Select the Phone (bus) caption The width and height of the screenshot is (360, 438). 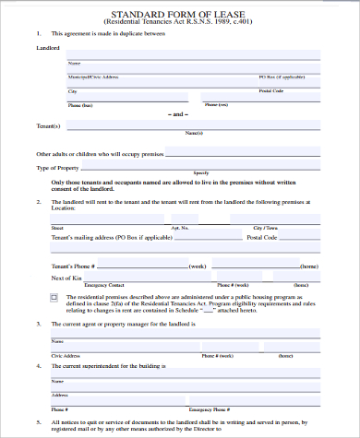coord(80,105)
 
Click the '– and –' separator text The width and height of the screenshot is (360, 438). coord(179,114)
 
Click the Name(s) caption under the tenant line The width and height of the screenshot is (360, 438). coord(194,134)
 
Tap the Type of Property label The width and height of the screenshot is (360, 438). coord(57,168)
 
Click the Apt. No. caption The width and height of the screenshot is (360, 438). coord(179,227)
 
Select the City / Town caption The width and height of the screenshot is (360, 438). coord(265,227)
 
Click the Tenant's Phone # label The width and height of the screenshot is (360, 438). coord(77,266)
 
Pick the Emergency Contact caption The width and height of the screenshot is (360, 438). coord(103,285)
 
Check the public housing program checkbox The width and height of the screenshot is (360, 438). coord(54,296)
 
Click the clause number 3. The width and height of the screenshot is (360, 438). coord(38,325)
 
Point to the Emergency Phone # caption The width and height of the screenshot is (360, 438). coord(209,408)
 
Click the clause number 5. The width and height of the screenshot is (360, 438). coord(38,420)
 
